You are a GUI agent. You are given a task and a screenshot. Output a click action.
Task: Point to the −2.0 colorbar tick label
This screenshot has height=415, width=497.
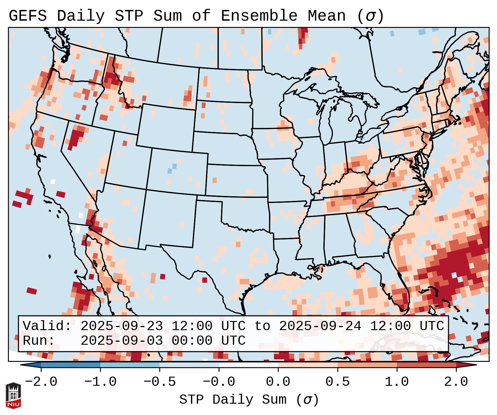pyautogui.click(x=41, y=382)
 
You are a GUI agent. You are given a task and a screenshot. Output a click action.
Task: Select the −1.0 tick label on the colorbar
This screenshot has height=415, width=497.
pyautogui.click(x=100, y=382)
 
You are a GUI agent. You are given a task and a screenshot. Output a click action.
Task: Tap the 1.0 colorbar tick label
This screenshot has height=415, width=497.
pyautogui.click(x=397, y=382)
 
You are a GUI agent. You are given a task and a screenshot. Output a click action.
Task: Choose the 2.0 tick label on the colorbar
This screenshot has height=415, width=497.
pyautogui.click(x=456, y=382)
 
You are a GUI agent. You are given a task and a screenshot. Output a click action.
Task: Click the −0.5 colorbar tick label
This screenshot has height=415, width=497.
pyautogui.click(x=160, y=382)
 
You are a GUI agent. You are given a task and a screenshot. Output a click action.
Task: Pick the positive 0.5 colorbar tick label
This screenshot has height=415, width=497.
pyautogui.click(x=338, y=382)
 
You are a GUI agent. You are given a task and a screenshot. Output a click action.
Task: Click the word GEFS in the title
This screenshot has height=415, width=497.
pyautogui.click(x=28, y=16)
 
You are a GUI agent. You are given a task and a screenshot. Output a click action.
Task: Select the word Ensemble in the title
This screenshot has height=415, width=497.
pyautogui.click(x=259, y=16)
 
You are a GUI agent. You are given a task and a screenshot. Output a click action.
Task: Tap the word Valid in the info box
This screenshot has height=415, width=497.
pyautogui.click(x=44, y=326)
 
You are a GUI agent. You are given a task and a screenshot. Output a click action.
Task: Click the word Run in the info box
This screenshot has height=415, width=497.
pyautogui.click(x=36, y=341)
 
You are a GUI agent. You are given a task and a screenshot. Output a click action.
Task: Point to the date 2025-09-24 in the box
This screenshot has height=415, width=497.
pyautogui.click(x=320, y=326)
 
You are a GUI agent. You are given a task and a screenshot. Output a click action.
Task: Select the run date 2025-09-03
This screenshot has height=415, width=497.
pyautogui.click(x=122, y=341)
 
